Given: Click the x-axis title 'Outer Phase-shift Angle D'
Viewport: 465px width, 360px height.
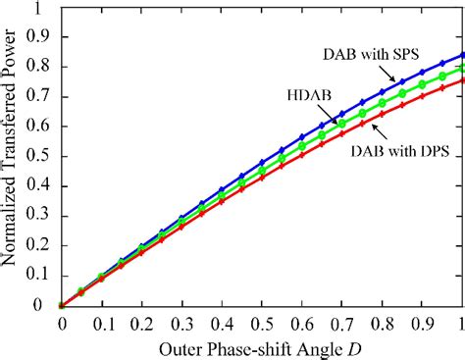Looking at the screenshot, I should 262,346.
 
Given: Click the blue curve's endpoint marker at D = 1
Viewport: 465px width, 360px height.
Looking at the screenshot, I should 461,55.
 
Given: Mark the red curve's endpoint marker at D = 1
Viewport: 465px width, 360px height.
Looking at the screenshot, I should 461,80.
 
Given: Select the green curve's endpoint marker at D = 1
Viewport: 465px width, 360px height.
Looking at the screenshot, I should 461,69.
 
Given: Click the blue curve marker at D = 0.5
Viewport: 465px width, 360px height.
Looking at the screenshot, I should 261,162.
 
